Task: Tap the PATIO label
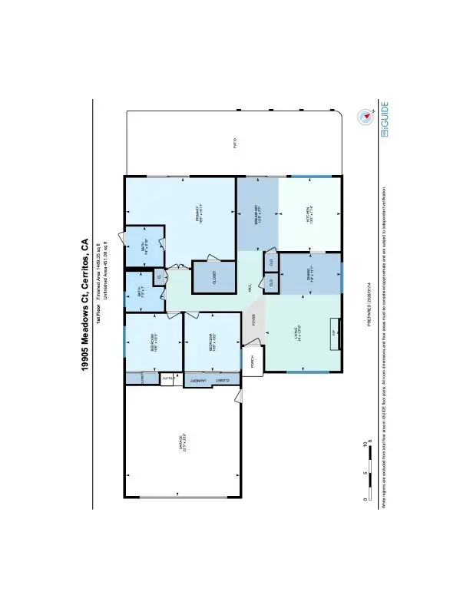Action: [x=235, y=143]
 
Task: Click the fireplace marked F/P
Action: [x=333, y=333]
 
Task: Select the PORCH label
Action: [x=253, y=360]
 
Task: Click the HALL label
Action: [x=250, y=287]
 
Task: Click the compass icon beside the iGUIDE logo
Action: [x=364, y=117]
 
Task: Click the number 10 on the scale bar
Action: [x=367, y=444]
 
